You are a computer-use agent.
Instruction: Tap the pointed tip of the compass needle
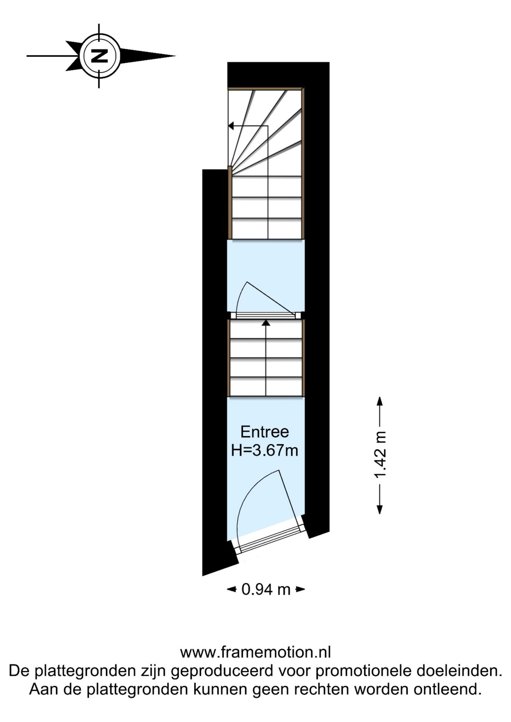click(x=175, y=56)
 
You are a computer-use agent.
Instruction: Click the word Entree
click(x=265, y=432)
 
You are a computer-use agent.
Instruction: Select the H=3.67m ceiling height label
click(x=265, y=450)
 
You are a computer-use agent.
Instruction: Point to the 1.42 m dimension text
click(x=380, y=455)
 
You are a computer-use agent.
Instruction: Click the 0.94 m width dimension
click(x=266, y=589)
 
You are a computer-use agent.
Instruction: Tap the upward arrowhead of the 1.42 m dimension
click(x=380, y=401)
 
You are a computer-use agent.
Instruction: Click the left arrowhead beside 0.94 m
click(x=231, y=589)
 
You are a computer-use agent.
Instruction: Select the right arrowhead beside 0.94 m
click(x=300, y=589)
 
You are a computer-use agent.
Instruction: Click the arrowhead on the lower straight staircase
click(x=266, y=322)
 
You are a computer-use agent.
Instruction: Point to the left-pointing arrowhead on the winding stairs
click(x=231, y=126)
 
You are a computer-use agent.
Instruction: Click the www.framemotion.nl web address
click(x=255, y=652)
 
